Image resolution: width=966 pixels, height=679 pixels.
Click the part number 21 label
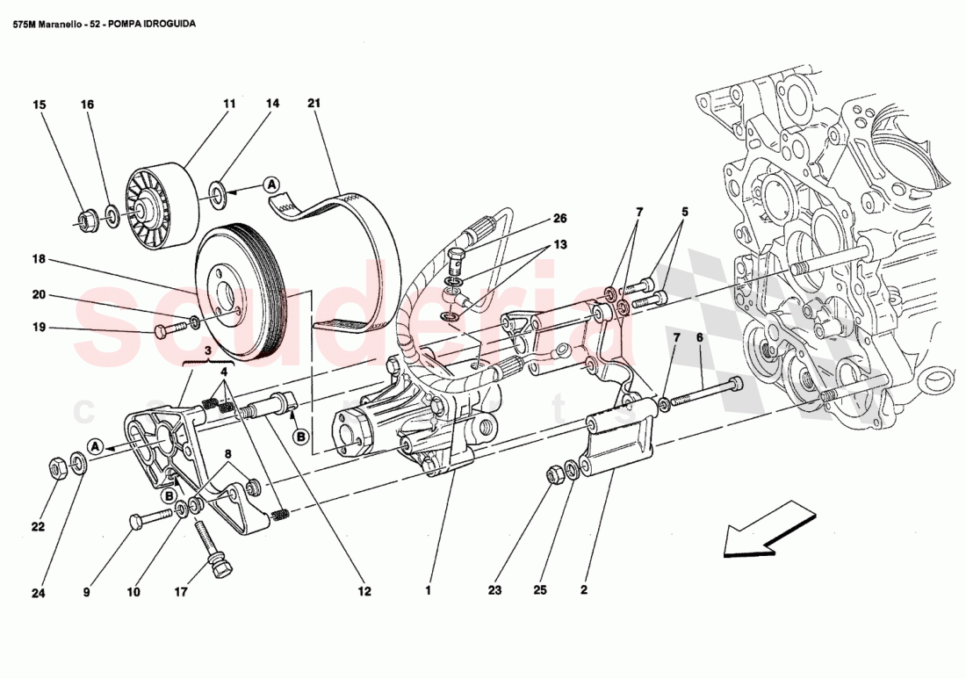tap(314, 104)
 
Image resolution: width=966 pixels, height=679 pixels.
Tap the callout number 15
tap(39, 105)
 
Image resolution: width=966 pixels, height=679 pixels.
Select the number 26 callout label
tap(560, 219)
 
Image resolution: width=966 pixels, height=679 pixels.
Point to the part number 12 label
tap(364, 592)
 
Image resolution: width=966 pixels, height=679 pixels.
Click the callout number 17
tap(181, 592)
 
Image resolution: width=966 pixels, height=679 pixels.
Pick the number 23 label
tap(494, 591)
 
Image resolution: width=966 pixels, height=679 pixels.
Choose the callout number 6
tap(700, 337)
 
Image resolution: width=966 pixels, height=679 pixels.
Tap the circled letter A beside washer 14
tap(271, 184)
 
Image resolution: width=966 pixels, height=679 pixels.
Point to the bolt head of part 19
tap(162, 331)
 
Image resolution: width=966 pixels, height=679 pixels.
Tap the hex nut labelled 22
tap(54, 468)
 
